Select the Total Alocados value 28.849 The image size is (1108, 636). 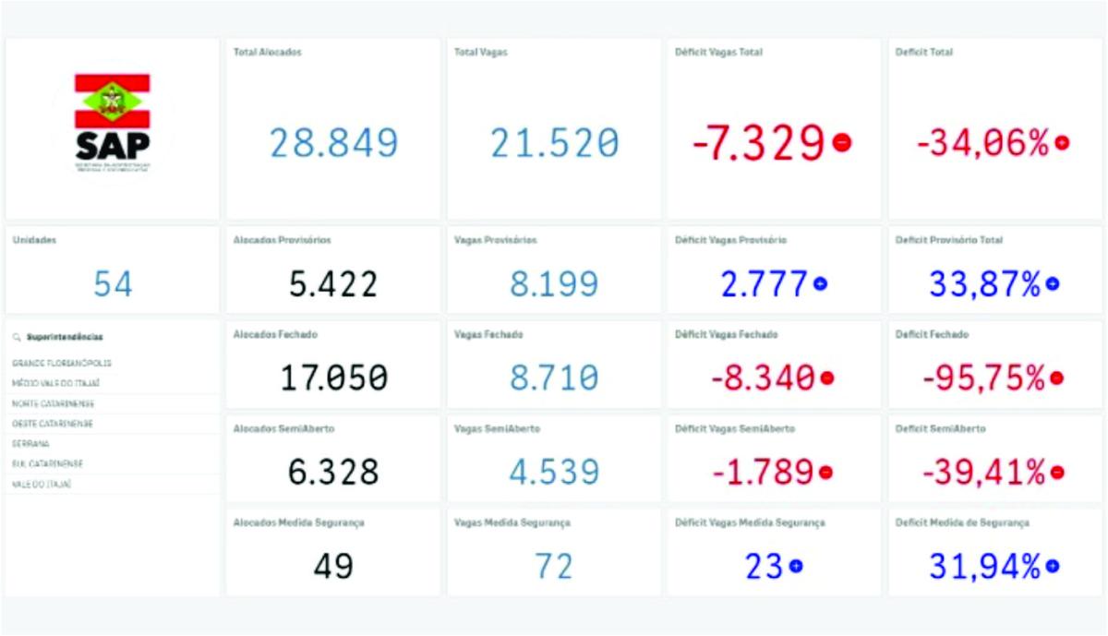333,143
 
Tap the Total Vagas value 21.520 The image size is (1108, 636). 554,143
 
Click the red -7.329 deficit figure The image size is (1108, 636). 758,143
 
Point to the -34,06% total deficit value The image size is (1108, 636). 982,143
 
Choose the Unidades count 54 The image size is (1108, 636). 113,284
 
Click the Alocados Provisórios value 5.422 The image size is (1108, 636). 333,284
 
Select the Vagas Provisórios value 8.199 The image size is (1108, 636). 554,284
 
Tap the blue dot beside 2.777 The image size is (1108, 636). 819,284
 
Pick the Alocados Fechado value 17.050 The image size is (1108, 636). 333,378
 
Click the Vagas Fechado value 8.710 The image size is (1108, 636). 554,378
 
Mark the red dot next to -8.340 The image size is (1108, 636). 827,378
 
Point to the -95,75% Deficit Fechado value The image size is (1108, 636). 982,378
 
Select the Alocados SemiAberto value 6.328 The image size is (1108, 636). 333,472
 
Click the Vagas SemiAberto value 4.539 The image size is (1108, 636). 554,472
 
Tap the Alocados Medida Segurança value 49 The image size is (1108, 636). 333,566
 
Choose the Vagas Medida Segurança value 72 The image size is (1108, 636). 554,566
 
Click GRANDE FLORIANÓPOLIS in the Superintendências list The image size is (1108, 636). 62,364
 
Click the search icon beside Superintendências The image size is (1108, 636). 17,338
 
